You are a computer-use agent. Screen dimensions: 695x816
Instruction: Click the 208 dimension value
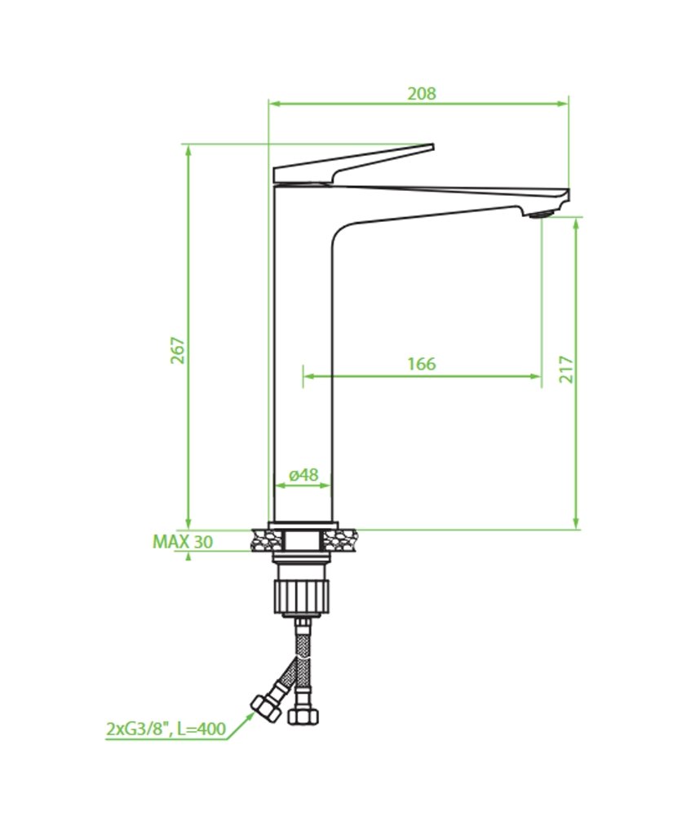[x=422, y=93]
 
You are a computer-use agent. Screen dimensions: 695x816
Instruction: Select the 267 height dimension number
[x=178, y=350]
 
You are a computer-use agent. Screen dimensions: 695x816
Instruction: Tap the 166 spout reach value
[x=422, y=363]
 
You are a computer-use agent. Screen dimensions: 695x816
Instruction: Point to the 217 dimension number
[x=566, y=369]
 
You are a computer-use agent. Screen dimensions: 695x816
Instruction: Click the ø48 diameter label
[x=303, y=474]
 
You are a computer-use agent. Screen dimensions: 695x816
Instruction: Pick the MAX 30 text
[x=183, y=542]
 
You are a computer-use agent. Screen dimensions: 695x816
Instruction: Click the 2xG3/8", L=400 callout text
[x=166, y=729]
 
